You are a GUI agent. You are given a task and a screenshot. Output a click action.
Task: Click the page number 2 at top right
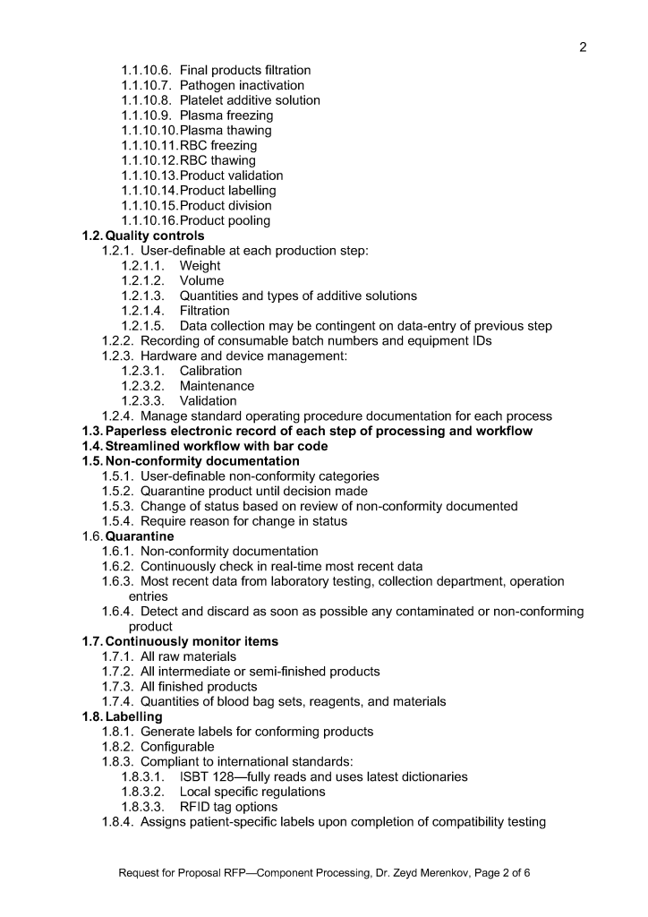[x=583, y=47]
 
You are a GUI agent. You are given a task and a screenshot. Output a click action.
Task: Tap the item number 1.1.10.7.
[x=149, y=85]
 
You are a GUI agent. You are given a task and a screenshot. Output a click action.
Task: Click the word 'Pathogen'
[x=206, y=85]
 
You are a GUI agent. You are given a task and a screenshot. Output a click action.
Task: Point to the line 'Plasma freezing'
[x=226, y=116]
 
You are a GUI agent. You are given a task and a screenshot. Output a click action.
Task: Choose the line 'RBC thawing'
[x=217, y=160]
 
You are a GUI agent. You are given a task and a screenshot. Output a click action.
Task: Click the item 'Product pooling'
[x=225, y=220]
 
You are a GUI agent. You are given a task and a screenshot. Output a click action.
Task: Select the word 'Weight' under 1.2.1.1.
[x=200, y=266]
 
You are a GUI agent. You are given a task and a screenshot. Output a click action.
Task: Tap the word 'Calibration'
[x=210, y=371]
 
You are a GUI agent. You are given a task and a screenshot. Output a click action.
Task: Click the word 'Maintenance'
[x=217, y=386]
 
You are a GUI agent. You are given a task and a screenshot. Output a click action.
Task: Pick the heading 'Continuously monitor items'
[x=192, y=641]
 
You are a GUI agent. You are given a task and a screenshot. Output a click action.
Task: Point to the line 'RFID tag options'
[x=228, y=807]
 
